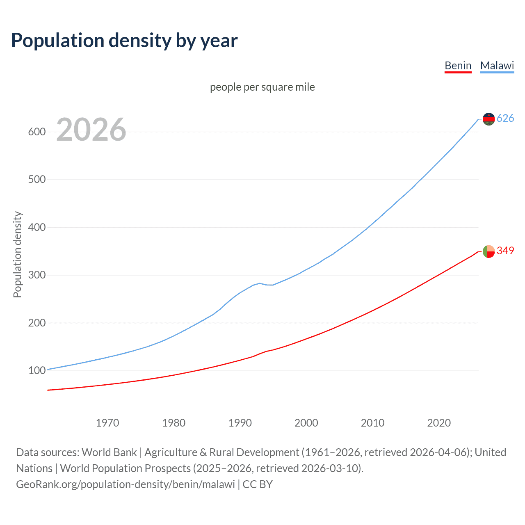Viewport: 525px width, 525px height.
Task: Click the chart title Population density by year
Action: click(x=124, y=41)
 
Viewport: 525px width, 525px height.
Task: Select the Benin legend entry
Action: click(x=458, y=66)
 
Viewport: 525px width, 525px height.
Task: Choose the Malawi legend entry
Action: click(x=497, y=66)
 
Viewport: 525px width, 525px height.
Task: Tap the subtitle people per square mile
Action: click(x=262, y=87)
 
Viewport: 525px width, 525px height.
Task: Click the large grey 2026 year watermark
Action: click(x=91, y=130)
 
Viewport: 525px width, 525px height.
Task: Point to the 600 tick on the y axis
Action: click(x=37, y=132)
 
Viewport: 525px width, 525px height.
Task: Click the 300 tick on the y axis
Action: click(x=37, y=275)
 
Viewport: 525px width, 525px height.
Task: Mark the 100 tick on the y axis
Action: click(x=37, y=370)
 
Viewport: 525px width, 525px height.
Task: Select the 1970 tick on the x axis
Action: click(x=107, y=423)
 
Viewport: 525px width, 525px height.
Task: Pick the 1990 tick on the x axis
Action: click(x=240, y=423)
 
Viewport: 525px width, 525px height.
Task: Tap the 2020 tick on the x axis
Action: click(x=439, y=423)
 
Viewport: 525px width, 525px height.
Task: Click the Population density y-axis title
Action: click(x=17, y=254)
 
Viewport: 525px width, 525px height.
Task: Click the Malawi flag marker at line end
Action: click(x=488, y=119)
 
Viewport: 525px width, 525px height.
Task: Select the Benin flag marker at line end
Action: click(x=488, y=251)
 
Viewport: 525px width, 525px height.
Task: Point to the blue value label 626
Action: click(x=505, y=119)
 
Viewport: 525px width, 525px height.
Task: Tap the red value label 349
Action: click(x=505, y=251)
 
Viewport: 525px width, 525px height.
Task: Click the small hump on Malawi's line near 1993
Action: click(x=260, y=283)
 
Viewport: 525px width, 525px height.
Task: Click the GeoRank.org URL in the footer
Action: click(x=126, y=484)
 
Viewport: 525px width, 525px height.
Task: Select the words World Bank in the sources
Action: click(x=109, y=452)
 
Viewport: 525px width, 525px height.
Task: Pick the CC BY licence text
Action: click(x=258, y=484)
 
